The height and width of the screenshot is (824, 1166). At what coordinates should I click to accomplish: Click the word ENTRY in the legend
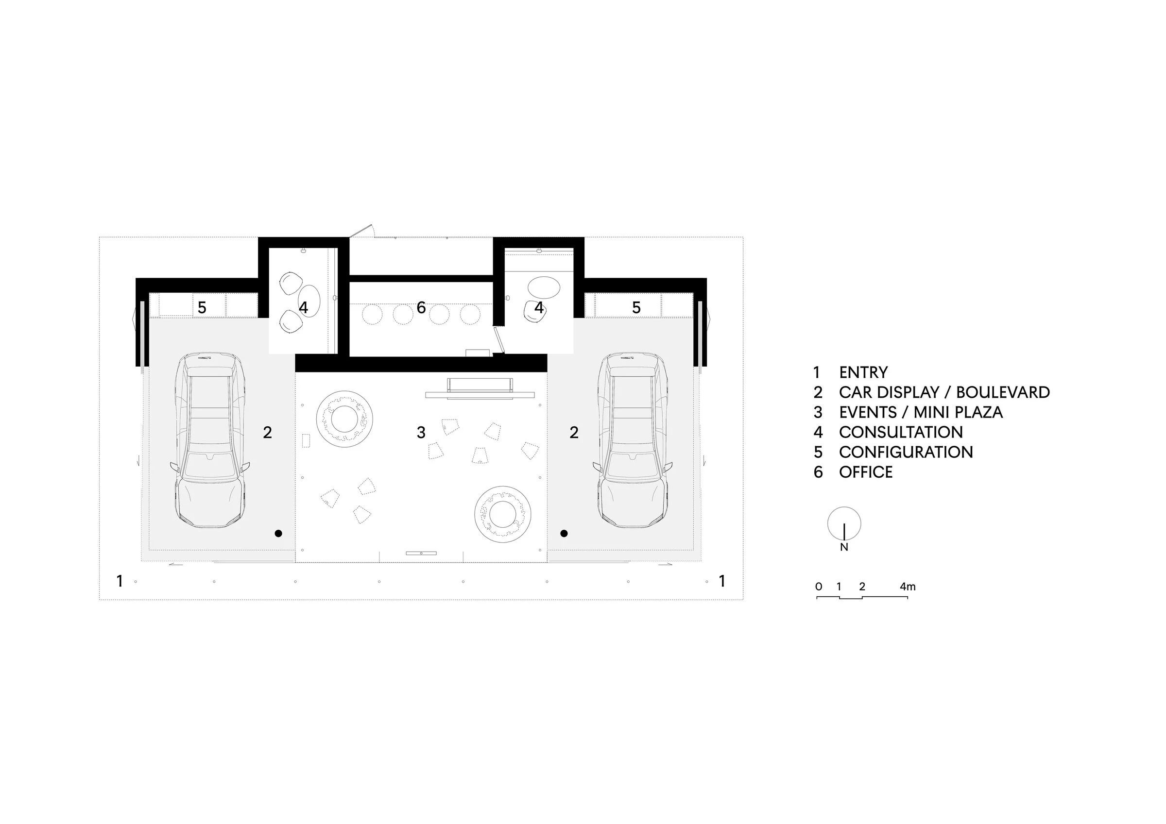(863, 372)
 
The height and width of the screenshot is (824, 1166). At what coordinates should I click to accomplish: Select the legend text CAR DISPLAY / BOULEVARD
(944, 392)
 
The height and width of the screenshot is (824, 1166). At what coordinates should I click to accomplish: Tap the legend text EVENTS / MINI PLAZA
(921, 412)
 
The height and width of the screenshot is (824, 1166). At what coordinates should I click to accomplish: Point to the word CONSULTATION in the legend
(900, 432)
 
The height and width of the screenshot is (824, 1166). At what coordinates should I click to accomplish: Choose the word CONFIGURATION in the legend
(906, 452)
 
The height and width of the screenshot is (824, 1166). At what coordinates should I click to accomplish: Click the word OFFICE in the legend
(865, 472)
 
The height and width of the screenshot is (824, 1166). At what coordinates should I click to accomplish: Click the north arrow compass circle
(844, 523)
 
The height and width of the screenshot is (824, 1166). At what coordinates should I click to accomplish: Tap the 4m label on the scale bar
(908, 587)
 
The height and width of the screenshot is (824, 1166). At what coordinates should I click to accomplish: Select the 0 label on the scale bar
(818, 587)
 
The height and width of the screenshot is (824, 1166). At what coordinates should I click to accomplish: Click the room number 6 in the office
(421, 307)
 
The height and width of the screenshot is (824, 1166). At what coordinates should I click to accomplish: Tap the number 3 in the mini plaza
(421, 433)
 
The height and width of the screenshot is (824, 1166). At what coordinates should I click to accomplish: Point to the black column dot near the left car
(278, 533)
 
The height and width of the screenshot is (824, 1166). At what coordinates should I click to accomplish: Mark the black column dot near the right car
(564, 533)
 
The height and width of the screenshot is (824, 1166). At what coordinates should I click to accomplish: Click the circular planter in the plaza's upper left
(344, 419)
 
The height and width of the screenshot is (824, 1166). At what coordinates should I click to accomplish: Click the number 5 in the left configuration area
(202, 308)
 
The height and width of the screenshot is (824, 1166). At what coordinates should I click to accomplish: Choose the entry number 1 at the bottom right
(722, 581)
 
